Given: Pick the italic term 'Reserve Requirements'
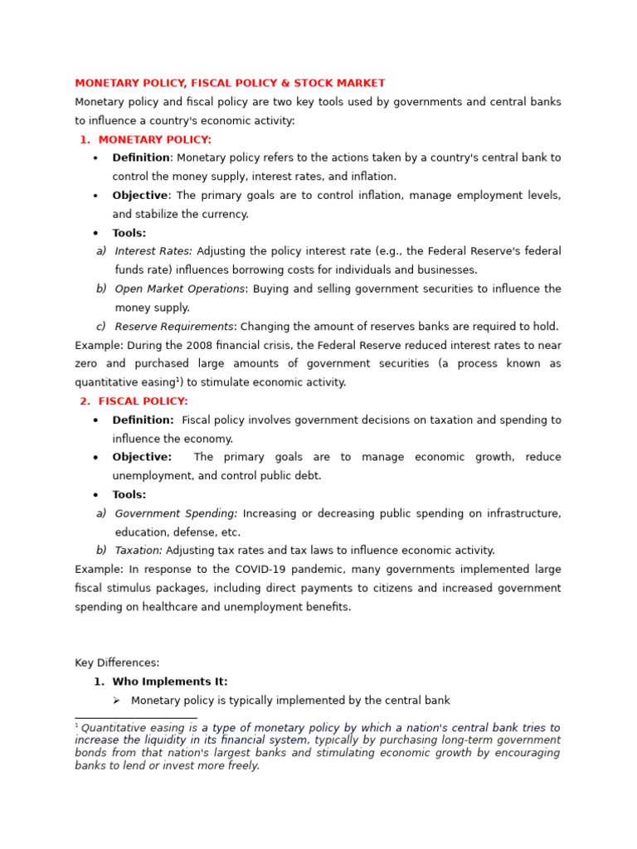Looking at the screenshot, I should click(174, 327).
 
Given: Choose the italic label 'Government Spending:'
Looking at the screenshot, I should click(176, 514).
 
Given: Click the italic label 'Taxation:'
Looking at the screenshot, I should click(139, 551).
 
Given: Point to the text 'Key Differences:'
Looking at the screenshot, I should click(117, 663).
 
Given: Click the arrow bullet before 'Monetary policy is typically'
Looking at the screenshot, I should click(117, 701).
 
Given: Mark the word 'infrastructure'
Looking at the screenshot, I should click(523, 514).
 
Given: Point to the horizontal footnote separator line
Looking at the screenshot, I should click(135, 718).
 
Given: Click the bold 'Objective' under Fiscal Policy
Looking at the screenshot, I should click(142, 458).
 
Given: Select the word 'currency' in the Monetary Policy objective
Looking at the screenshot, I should click(221, 214).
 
